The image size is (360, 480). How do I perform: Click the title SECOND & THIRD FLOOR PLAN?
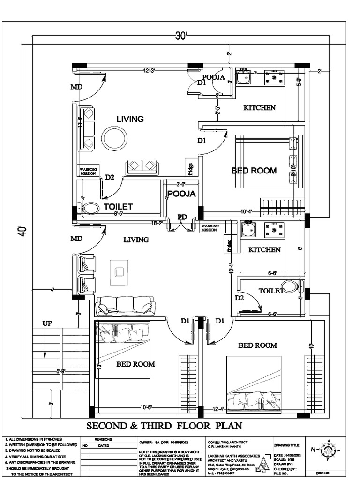click(164, 426)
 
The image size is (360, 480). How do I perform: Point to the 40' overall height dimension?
click(23, 231)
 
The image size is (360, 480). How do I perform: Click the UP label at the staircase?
click(47, 323)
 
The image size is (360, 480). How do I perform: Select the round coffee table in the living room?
click(114, 138)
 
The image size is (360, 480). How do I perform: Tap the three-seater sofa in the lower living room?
click(125, 306)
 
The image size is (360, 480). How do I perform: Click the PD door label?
click(182, 217)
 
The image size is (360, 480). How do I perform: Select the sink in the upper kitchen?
click(243, 77)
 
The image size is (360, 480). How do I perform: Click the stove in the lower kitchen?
click(274, 230)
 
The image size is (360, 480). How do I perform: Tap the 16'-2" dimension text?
click(157, 224)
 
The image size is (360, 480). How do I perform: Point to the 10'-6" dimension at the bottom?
click(146, 407)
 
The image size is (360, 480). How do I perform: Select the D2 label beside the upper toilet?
click(110, 177)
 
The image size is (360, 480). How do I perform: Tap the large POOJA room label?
click(181, 194)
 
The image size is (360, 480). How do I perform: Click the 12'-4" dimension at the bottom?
click(218, 409)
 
